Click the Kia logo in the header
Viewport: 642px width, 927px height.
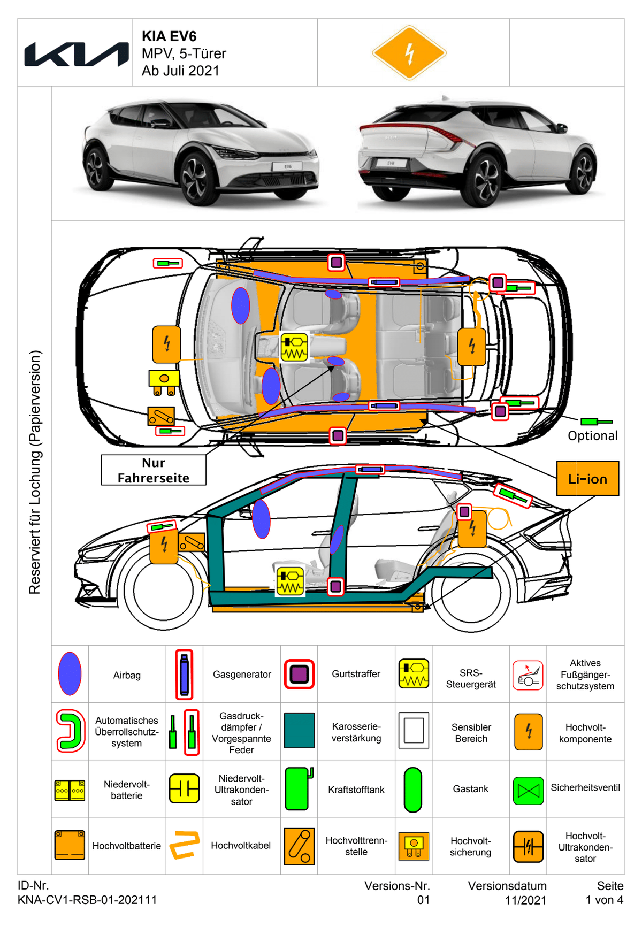pyautogui.click(x=77, y=54)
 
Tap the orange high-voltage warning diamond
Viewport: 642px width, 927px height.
pyautogui.click(x=409, y=53)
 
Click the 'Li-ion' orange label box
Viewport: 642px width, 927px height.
pyautogui.click(x=587, y=479)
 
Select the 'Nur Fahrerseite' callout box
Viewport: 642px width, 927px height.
pyautogui.click(x=154, y=470)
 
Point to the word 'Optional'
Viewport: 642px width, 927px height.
pyautogui.click(x=592, y=436)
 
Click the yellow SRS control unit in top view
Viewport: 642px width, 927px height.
pyautogui.click(x=294, y=347)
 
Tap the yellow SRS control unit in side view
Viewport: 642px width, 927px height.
pyautogui.click(x=290, y=581)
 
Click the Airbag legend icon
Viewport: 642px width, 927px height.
pyautogui.click(x=70, y=674)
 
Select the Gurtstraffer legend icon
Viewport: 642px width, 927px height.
pyautogui.click(x=299, y=674)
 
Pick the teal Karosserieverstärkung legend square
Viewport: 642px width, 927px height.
pyautogui.click(x=299, y=730)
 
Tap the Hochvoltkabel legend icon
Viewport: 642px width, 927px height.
pyautogui.click(x=185, y=845)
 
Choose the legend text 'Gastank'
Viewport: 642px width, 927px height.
pyautogui.click(x=470, y=789)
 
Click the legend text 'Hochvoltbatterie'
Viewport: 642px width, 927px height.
pyautogui.click(x=127, y=846)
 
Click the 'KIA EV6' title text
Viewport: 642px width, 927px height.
pyautogui.click(x=169, y=36)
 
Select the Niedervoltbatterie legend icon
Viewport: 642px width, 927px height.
pyautogui.click(x=70, y=790)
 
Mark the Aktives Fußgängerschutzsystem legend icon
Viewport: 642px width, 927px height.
pyautogui.click(x=528, y=675)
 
